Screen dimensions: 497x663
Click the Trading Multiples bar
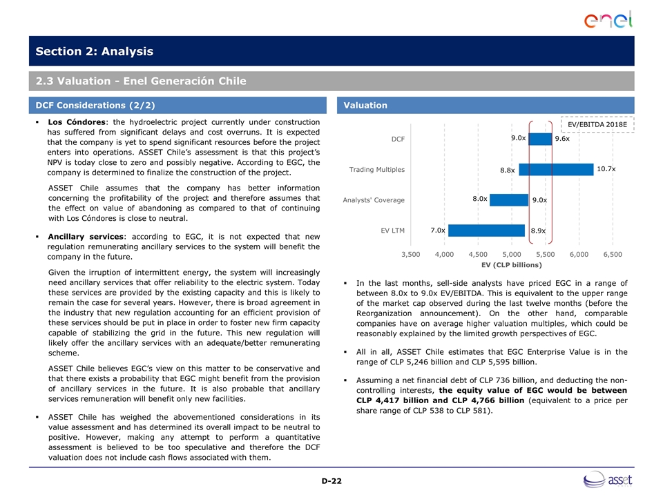click(556, 169)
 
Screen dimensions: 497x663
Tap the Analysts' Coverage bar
click(509, 199)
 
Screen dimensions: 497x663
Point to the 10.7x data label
click(606, 169)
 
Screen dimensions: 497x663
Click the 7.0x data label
click(437, 230)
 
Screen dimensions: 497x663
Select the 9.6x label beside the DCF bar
click(562, 139)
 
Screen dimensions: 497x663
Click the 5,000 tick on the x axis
click(512, 254)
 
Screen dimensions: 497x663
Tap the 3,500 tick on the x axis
click(410, 254)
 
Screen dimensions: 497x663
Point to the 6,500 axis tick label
click(613, 254)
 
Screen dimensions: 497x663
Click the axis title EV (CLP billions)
click(512, 264)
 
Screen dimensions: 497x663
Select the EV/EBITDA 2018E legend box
click(597, 124)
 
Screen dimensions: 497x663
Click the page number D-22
click(331, 480)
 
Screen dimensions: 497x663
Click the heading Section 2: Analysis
click(95, 52)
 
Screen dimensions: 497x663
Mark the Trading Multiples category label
click(376, 169)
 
